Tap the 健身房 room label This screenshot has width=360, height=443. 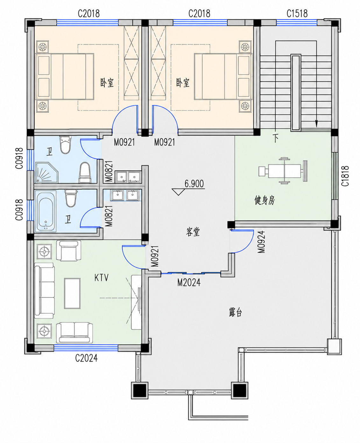pyautogui.click(x=265, y=200)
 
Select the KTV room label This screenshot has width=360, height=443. pyautogui.click(x=101, y=277)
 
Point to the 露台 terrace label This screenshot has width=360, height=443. pyautogui.click(x=236, y=312)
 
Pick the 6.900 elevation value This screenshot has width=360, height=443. pyautogui.click(x=194, y=184)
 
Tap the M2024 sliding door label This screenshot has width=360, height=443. pyautogui.click(x=189, y=282)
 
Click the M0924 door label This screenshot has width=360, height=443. pyautogui.click(x=261, y=242)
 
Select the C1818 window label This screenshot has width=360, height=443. pyautogui.click(x=345, y=176)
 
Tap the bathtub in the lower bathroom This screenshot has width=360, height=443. pyautogui.click(x=46, y=211)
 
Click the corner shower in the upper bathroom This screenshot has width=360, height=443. pyautogui.click(x=46, y=172)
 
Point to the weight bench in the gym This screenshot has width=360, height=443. pyautogui.click(x=283, y=171)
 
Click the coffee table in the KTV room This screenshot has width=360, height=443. pyautogui.click(x=72, y=293)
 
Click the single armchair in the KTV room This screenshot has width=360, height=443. pyautogui.click(x=68, y=251)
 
